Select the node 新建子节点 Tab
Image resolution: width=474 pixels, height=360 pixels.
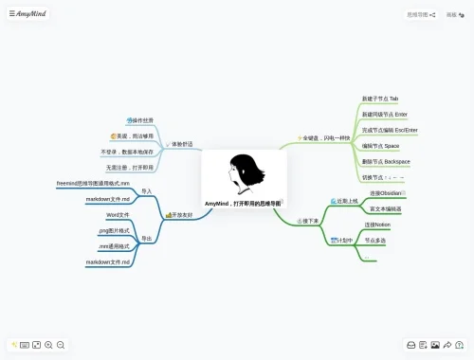point(380,99)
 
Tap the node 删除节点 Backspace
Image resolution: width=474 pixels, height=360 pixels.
point(386,161)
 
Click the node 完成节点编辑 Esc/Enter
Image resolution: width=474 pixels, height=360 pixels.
point(390,130)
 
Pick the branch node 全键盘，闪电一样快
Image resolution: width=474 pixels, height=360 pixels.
point(324,138)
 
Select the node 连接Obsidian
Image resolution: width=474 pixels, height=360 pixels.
point(388,192)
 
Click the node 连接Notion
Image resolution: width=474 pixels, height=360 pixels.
point(377,225)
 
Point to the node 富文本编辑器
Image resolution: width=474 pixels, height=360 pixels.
point(385,208)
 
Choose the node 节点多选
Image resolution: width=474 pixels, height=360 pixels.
point(375,241)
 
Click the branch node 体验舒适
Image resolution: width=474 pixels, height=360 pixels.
point(182,144)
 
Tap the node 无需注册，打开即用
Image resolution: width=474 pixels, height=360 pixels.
point(129,167)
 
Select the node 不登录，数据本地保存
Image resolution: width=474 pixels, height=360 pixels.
point(127,152)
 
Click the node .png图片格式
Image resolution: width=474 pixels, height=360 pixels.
point(115,230)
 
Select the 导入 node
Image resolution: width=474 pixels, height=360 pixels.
point(146,191)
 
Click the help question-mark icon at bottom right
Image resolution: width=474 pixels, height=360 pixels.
point(459,345)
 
